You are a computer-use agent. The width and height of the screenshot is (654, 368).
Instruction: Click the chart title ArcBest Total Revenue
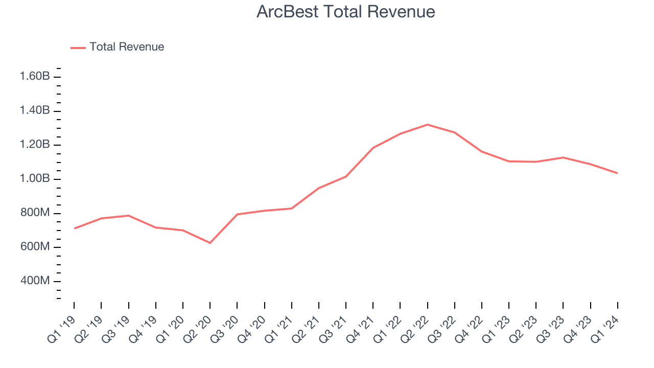tap(346, 12)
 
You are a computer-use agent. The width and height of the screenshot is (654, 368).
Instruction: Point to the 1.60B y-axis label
tap(35, 77)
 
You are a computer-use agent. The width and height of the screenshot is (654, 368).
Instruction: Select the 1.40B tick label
tap(35, 111)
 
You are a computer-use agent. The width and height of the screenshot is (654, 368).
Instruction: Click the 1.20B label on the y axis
tap(35, 145)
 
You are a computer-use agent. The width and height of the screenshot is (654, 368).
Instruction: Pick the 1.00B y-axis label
tap(35, 179)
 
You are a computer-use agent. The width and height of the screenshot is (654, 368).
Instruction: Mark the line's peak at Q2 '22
tap(427, 125)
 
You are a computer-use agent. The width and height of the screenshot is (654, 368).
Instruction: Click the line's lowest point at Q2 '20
tap(210, 243)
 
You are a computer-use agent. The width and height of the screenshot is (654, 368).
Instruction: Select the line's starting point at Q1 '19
tap(74, 228)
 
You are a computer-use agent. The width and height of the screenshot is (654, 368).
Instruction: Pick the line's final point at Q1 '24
tap(617, 173)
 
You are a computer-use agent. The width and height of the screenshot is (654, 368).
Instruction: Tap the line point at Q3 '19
tap(128, 216)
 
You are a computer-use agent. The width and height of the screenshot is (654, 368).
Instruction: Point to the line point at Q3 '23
tap(563, 157)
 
